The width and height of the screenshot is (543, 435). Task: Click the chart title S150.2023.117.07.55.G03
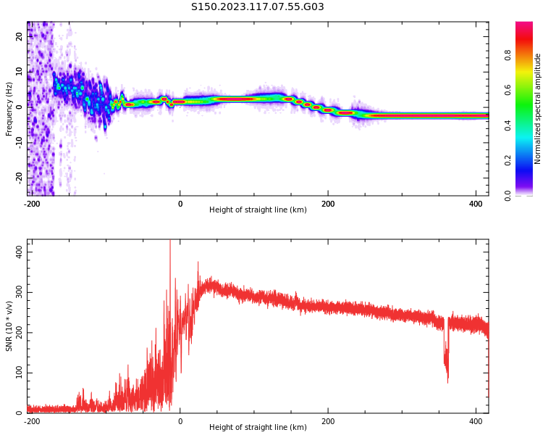click(x=257, y=7)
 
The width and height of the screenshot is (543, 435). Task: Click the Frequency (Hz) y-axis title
click(x=9, y=109)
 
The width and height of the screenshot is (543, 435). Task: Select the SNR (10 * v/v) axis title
click(x=9, y=326)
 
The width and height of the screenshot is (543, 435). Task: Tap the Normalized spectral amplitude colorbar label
click(x=537, y=109)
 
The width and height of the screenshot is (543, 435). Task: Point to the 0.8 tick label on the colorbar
click(x=508, y=55)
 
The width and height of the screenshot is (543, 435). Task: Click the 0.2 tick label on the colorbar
click(x=508, y=161)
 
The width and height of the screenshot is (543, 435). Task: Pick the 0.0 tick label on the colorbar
click(x=508, y=196)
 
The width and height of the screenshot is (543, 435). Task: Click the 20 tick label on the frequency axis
click(x=20, y=36)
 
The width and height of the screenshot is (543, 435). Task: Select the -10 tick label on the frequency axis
click(x=20, y=142)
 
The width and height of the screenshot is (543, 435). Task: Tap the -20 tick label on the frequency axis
click(x=20, y=178)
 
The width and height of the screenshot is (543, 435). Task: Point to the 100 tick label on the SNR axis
click(x=20, y=373)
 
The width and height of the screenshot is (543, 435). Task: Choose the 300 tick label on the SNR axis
click(x=20, y=292)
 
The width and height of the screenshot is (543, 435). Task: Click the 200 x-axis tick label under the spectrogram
click(x=328, y=204)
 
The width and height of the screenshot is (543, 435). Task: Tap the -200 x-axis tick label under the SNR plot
click(x=32, y=421)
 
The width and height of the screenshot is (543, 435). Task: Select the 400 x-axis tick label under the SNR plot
click(x=476, y=421)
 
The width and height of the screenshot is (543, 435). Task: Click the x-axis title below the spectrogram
click(x=258, y=210)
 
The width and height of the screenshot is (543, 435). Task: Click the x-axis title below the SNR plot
click(x=258, y=427)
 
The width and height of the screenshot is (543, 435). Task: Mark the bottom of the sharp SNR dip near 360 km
click(x=447, y=383)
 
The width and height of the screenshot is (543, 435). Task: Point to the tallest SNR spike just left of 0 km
click(x=170, y=240)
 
